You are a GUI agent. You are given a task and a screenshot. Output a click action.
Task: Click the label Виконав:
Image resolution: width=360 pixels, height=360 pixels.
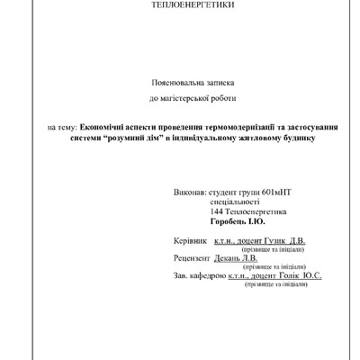tap(187, 193)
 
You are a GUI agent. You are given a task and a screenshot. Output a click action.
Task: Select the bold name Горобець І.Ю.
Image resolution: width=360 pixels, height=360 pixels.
tap(237, 222)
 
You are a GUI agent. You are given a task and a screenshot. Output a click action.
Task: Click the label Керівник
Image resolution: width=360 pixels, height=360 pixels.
tap(188, 242)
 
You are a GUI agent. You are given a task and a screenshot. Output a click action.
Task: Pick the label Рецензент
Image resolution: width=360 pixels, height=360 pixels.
tap(192, 257)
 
